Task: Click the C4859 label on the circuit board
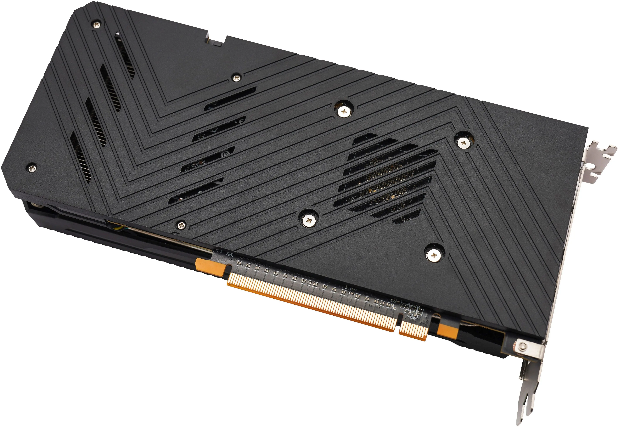[x=230, y=255]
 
